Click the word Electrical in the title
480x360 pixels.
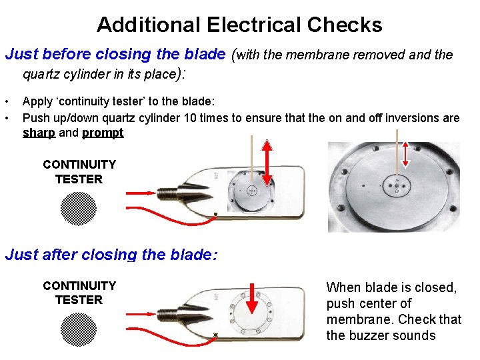click(x=253, y=25)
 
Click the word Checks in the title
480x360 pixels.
click(x=345, y=25)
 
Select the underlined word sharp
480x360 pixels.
click(x=39, y=133)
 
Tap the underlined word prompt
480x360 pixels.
click(x=103, y=133)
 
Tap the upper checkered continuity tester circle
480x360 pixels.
click(x=79, y=209)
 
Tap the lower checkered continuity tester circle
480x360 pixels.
click(x=79, y=330)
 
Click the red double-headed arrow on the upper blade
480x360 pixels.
click(x=267, y=163)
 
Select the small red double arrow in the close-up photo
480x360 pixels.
click(x=405, y=155)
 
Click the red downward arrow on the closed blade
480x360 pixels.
click(x=251, y=299)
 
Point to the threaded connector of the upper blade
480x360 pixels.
click(x=167, y=194)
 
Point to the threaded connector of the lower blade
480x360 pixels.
click(x=167, y=315)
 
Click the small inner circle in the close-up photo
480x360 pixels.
click(x=397, y=185)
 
